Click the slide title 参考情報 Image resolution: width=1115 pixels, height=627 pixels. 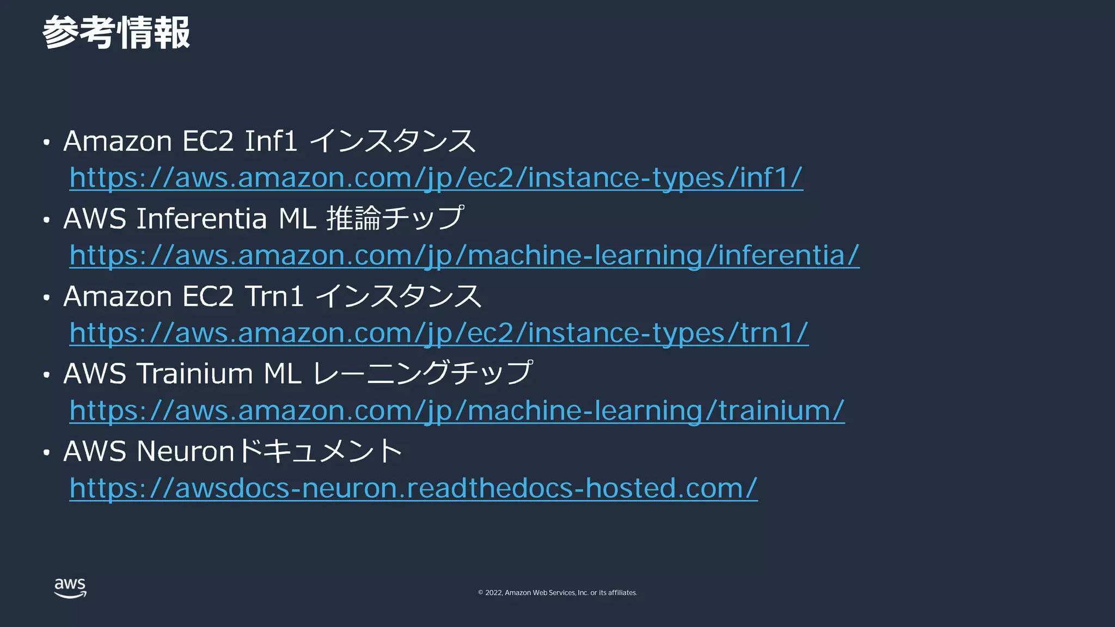(116, 33)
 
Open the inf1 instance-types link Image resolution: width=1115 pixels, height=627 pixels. (436, 178)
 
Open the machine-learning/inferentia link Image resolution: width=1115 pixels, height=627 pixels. (464, 255)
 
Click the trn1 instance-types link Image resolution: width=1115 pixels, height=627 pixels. (438, 333)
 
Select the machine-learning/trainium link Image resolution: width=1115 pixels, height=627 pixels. (456, 410)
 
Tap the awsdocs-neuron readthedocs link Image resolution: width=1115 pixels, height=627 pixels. (413, 488)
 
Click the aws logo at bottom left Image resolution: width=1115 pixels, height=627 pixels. (70, 588)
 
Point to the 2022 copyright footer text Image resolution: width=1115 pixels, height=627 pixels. (557, 593)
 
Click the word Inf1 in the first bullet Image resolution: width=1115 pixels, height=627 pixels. (271, 141)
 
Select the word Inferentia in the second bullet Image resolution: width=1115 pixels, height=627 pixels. (201, 219)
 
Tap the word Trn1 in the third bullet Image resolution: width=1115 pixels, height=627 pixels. (274, 297)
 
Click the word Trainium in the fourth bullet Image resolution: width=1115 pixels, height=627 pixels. (194, 374)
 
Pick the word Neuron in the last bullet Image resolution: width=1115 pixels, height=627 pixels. (186, 452)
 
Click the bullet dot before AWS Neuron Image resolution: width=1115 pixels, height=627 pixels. (47, 452)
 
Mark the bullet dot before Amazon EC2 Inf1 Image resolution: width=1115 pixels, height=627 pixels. (47, 143)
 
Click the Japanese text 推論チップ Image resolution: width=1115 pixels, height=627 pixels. (395, 218)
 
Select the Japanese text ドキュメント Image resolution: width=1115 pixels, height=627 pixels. (320, 451)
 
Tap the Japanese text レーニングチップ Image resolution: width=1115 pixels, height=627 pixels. (422, 373)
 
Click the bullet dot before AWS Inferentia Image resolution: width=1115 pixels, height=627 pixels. (47, 220)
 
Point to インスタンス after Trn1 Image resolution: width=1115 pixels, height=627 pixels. (399, 297)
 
